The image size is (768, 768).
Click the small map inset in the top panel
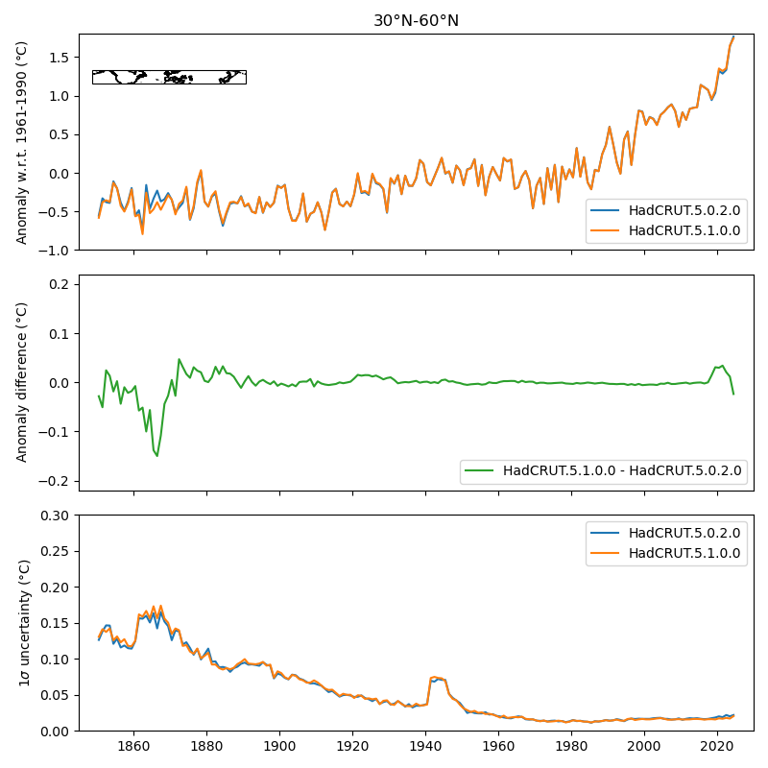coord(169,77)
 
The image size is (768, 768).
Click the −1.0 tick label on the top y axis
coord(58,250)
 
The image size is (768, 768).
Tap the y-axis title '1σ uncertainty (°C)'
coord(23,623)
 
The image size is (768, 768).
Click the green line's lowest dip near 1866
coord(156,456)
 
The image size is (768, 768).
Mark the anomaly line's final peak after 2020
coord(733,37)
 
